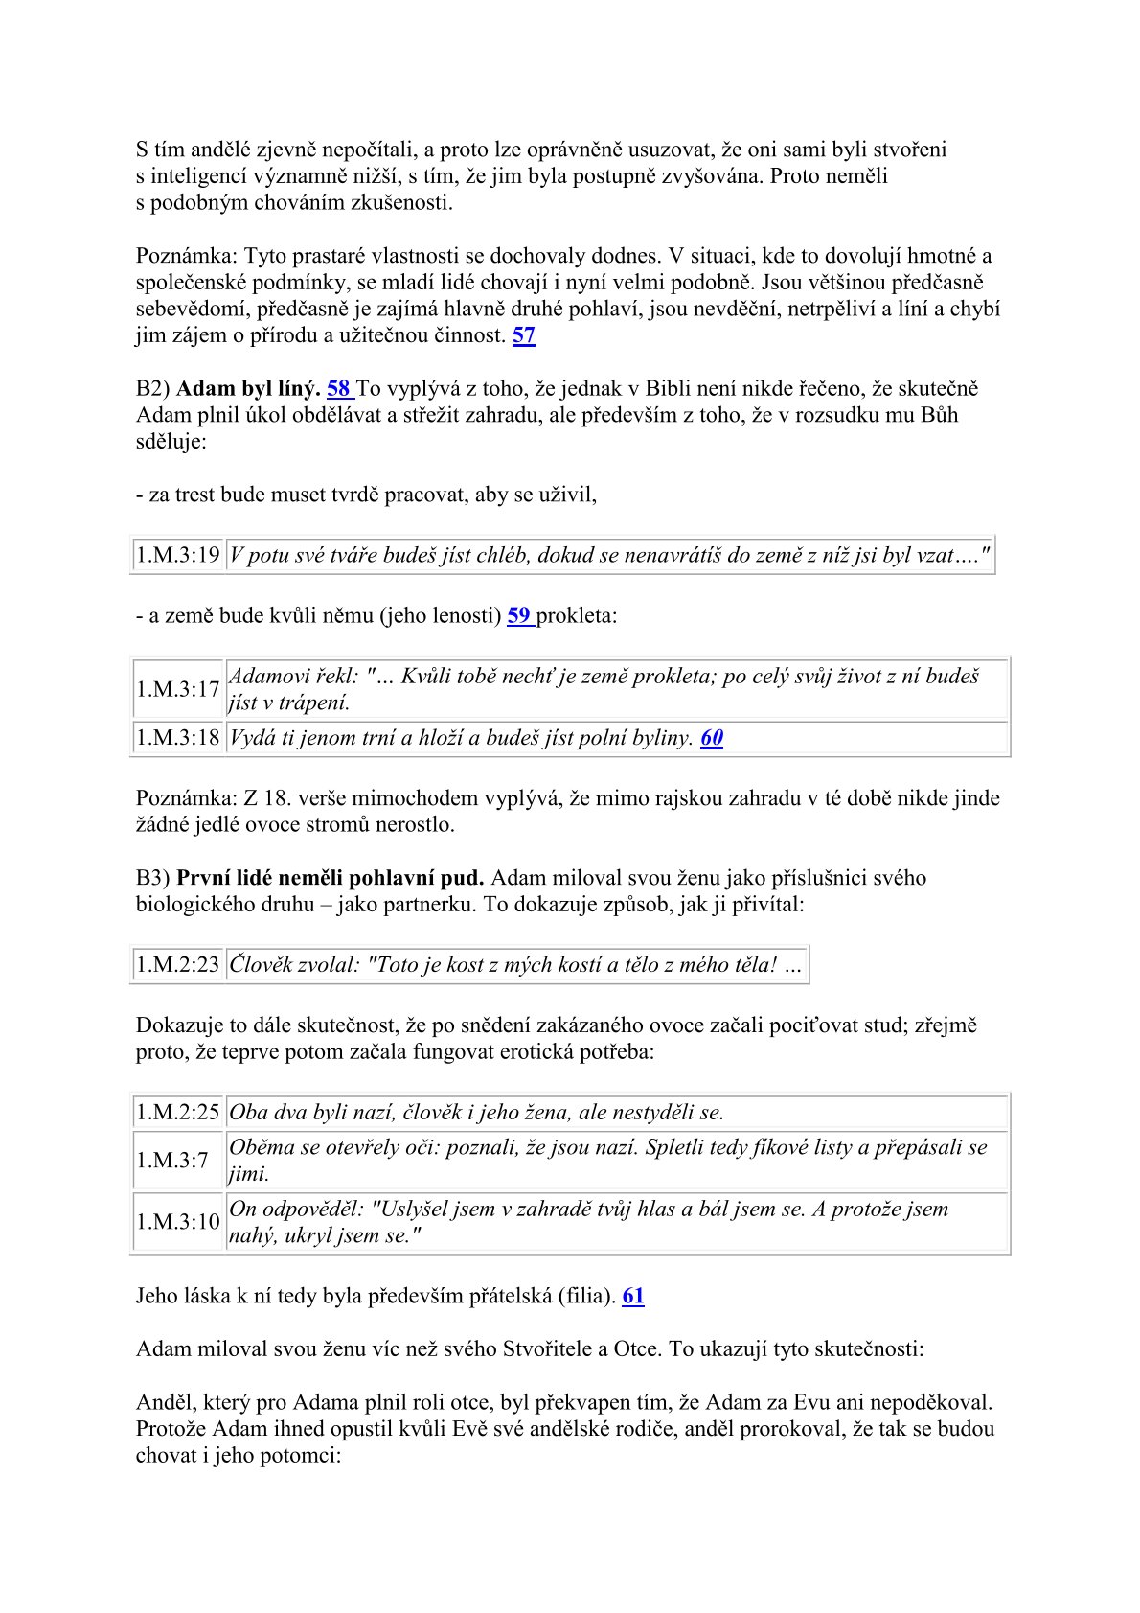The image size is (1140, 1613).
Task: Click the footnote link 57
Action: [x=524, y=335]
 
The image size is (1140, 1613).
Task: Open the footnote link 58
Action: [x=339, y=388]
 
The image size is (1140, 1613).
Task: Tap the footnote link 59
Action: [x=519, y=615]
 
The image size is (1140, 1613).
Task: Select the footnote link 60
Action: [x=712, y=738]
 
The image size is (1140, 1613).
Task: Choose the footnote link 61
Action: [x=633, y=1296]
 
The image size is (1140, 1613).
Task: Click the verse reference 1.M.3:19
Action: [x=178, y=555]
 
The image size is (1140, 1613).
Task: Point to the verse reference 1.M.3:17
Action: [x=178, y=689]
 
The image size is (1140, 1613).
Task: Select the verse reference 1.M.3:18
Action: [x=178, y=738]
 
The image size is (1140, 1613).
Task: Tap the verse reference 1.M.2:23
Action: [x=178, y=964]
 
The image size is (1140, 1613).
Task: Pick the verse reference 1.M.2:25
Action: [x=178, y=1112]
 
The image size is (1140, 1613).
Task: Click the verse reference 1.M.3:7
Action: [x=172, y=1161]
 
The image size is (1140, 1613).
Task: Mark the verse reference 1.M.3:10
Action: [x=178, y=1222]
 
